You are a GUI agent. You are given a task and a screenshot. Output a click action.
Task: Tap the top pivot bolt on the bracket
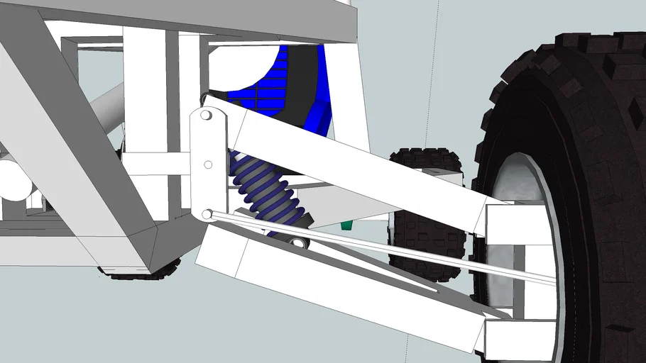205,114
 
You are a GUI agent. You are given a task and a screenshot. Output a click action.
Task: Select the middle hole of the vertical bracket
208,164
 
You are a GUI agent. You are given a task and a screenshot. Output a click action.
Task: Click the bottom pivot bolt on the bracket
206,213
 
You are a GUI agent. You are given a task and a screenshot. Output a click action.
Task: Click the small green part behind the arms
346,225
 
